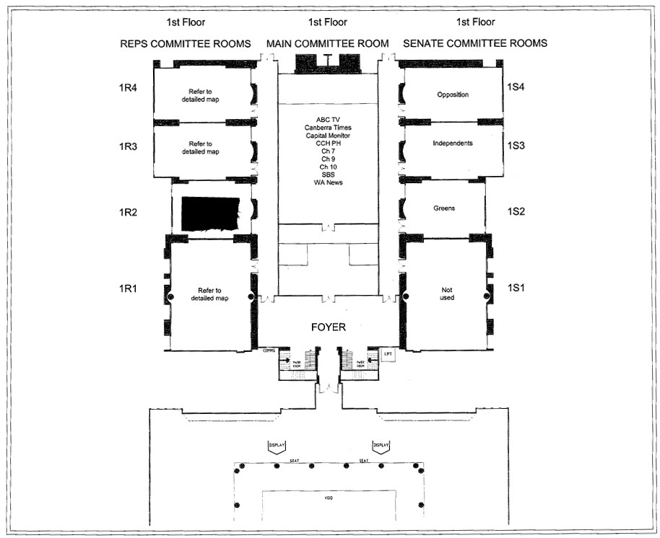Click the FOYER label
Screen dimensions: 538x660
click(328, 327)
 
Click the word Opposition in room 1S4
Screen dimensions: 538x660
click(453, 94)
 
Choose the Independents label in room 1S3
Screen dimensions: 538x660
click(453, 143)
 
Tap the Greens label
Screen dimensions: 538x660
click(444, 208)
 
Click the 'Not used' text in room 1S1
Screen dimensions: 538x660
click(447, 293)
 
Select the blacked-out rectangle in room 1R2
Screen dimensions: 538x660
click(211, 213)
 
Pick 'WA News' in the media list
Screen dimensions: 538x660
click(328, 182)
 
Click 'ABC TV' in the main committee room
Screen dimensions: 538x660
click(328, 119)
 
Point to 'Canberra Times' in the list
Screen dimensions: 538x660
click(328, 127)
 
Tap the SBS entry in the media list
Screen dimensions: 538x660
click(328, 175)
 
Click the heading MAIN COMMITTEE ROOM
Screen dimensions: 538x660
click(327, 44)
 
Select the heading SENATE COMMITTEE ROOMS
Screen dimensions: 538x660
click(474, 43)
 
